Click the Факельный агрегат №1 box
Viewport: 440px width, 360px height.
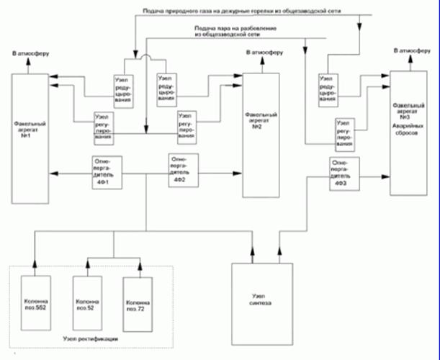point(29,138)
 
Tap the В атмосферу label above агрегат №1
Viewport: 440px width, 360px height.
point(29,54)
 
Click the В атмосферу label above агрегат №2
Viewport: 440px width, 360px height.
point(264,54)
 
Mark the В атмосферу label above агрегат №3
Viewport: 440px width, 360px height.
point(412,51)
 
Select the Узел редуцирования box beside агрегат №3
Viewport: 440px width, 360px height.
point(328,89)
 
